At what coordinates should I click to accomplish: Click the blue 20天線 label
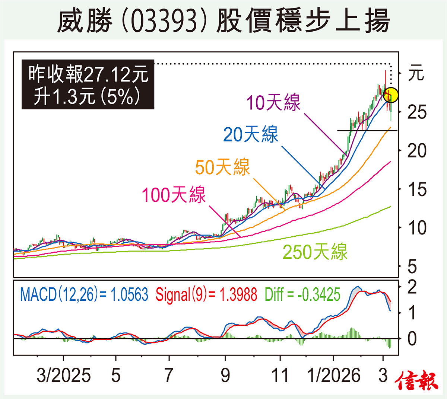251,134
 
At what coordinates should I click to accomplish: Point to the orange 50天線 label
222,167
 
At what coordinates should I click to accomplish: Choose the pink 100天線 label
174,194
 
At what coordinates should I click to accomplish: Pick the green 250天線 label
315,252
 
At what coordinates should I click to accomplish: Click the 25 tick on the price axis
417,112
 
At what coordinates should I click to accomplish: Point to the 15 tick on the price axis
417,189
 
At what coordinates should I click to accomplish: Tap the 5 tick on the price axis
412,266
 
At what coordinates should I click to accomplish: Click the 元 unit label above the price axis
416,73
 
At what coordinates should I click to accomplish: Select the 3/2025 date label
63,375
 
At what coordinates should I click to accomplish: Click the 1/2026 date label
334,375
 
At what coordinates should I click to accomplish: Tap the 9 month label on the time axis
225,375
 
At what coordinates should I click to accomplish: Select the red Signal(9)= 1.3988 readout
206,294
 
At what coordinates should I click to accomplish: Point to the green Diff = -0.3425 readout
302,294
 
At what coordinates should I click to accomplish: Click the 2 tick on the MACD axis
412,287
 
